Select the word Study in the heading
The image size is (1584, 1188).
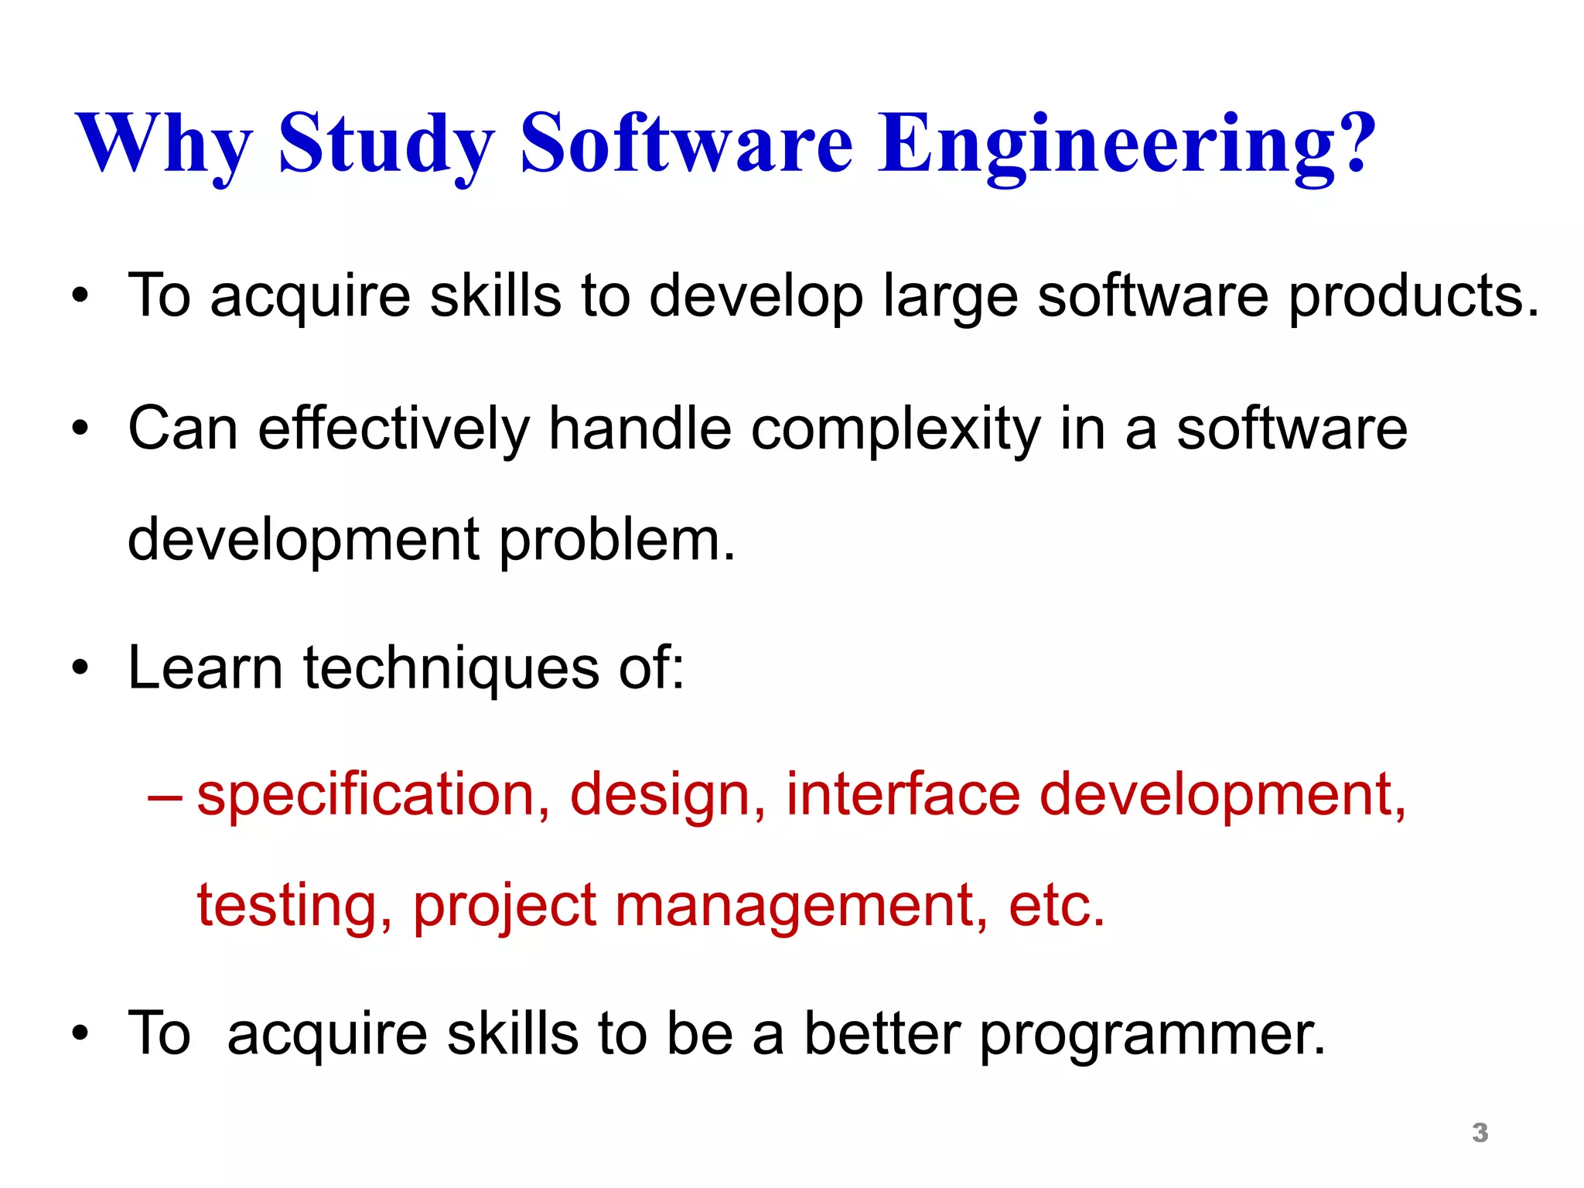click(x=386, y=144)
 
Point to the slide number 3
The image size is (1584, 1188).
click(x=1480, y=1133)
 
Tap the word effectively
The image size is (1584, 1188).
click(x=394, y=428)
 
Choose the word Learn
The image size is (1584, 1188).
click(x=205, y=667)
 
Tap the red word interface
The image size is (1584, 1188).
click(x=903, y=794)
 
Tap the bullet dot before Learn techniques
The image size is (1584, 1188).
click(x=80, y=667)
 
